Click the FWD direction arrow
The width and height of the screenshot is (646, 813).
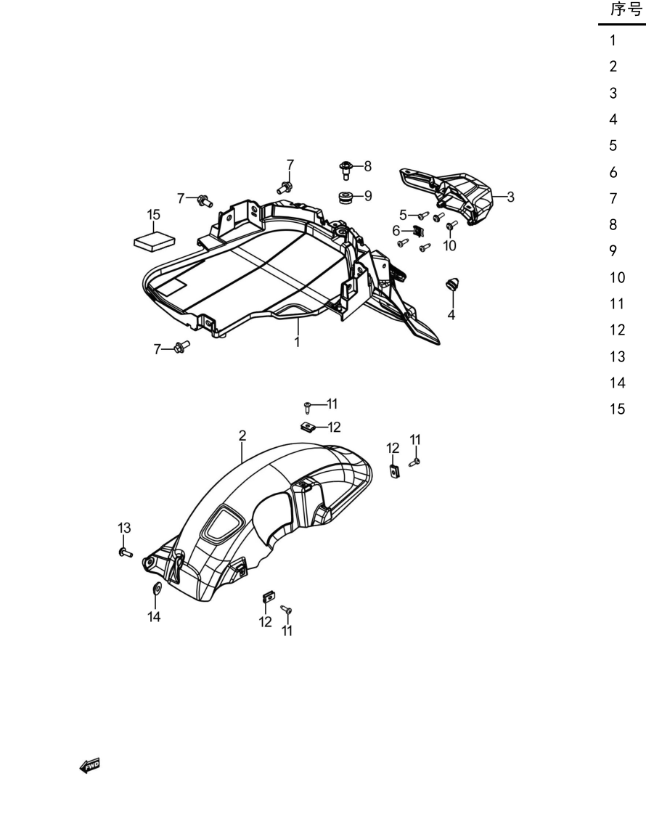click(x=90, y=765)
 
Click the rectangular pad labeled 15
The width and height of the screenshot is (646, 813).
click(x=154, y=242)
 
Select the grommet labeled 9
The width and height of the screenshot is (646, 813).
click(x=345, y=198)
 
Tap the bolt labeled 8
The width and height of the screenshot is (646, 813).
click(x=346, y=170)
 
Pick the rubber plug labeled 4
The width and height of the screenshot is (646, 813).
click(x=453, y=285)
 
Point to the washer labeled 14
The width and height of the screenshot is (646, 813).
click(x=156, y=587)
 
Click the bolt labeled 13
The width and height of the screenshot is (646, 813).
click(x=126, y=552)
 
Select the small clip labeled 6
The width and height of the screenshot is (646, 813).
click(x=418, y=232)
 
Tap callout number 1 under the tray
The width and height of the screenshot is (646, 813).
click(x=297, y=342)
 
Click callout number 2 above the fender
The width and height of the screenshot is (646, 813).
click(x=242, y=436)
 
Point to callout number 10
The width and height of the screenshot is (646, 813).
click(x=449, y=245)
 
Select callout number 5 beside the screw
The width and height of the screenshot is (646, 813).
click(x=403, y=215)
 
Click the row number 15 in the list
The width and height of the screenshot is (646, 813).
click(x=618, y=409)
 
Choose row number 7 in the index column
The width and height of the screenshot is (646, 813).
click(x=613, y=199)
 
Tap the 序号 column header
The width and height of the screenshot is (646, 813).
click(x=626, y=9)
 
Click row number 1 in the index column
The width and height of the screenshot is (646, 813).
click(x=613, y=41)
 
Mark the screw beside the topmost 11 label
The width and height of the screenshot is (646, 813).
click(x=307, y=408)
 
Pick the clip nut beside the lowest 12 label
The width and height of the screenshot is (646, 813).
click(x=269, y=597)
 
